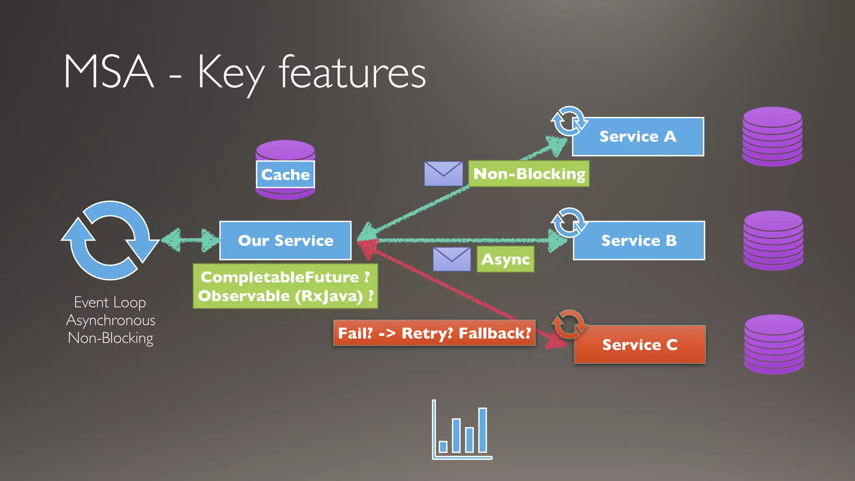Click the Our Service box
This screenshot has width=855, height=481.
[x=285, y=240]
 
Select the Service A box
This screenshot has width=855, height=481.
[x=638, y=137]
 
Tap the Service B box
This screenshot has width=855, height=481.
[x=639, y=240]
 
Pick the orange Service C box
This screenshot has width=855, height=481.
[x=640, y=344]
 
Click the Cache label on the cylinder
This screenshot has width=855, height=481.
[x=285, y=175]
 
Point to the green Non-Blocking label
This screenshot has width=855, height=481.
[x=529, y=174]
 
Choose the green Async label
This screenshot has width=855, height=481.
[x=505, y=259]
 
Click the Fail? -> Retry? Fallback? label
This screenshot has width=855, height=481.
[x=434, y=333]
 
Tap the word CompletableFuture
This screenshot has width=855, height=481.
[x=280, y=277]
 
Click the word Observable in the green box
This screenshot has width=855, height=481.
[x=244, y=296]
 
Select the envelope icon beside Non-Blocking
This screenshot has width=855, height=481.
[x=443, y=174]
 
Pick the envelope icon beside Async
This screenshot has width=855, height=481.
[x=452, y=259]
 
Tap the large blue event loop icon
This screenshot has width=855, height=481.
[x=110, y=240]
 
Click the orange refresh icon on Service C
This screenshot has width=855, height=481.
[x=569, y=324]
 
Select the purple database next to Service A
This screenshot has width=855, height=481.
[x=772, y=137]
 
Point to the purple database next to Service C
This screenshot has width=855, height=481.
[x=774, y=344]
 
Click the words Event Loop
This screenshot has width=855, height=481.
[x=110, y=302]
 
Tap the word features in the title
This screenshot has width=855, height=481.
[x=352, y=73]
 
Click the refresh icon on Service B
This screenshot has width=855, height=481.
[x=569, y=223]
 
